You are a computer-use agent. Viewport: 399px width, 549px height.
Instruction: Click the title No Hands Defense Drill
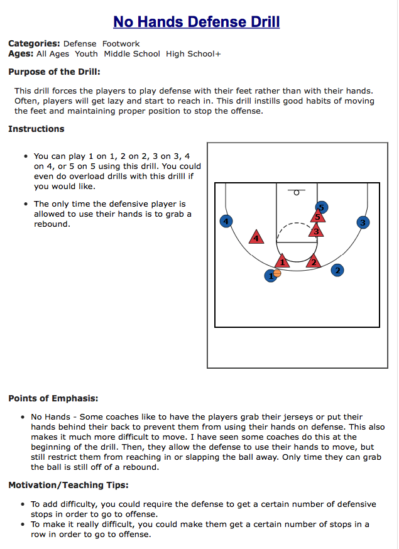coord(196,22)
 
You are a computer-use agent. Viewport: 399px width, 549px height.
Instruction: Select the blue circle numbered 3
coord(363,222)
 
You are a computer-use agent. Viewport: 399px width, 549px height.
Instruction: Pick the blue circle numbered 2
coord(337,270)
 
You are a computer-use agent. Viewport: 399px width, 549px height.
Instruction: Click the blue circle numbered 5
coord(321,207)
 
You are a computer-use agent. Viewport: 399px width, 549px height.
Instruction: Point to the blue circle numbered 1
coord(270,276)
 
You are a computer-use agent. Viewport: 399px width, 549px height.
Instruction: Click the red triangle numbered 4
coord(256,237)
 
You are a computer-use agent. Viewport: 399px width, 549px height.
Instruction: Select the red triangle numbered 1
coord(283,261)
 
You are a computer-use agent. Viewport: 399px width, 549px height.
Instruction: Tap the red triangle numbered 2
coord(314,261)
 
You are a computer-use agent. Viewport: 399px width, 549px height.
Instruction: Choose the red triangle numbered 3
coord(317,231)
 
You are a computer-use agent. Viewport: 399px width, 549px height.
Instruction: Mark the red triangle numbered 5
coord(318,217)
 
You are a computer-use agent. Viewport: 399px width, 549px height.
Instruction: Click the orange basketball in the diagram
coord(277,273)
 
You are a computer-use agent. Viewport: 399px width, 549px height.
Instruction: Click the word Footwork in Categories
coord(121,44)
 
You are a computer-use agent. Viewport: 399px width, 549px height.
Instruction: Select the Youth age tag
coord(87,54)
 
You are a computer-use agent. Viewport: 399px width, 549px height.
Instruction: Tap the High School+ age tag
coord(194,54)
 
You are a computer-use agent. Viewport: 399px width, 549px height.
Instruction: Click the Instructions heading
coord(36,129)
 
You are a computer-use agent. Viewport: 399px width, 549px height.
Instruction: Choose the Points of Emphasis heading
coord(53,398)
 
